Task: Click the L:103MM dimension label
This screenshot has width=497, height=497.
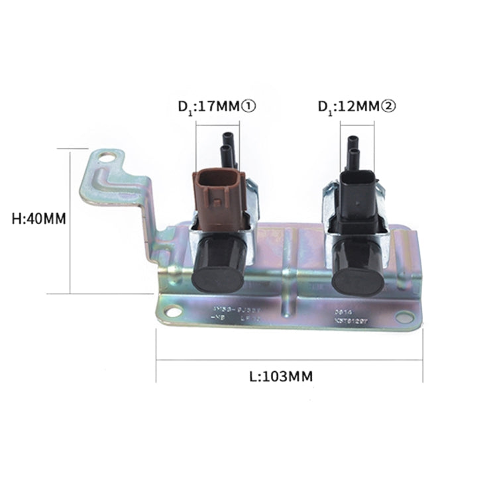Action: pos(281,376)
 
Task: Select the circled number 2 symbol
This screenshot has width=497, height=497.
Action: pos(388,107)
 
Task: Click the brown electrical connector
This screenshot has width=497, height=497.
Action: pos(218,199)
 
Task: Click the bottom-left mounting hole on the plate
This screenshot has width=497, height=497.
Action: pos(174,311)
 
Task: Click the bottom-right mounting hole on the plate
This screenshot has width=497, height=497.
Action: pos(404,317)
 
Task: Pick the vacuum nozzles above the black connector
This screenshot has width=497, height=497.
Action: pos(354,154)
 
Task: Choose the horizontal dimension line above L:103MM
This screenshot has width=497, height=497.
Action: pos(289,360)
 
